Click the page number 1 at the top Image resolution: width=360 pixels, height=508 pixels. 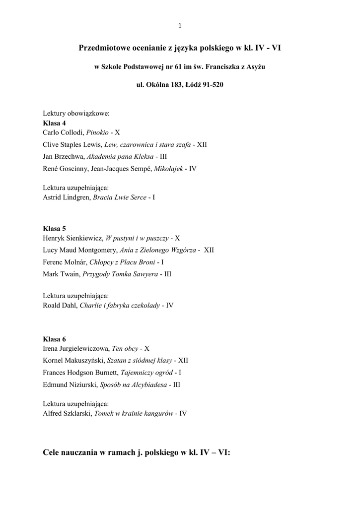pos(180,26)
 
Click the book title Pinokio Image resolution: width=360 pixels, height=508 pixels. pos(97,132)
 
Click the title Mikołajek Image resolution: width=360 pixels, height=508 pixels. pos(168,169)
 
